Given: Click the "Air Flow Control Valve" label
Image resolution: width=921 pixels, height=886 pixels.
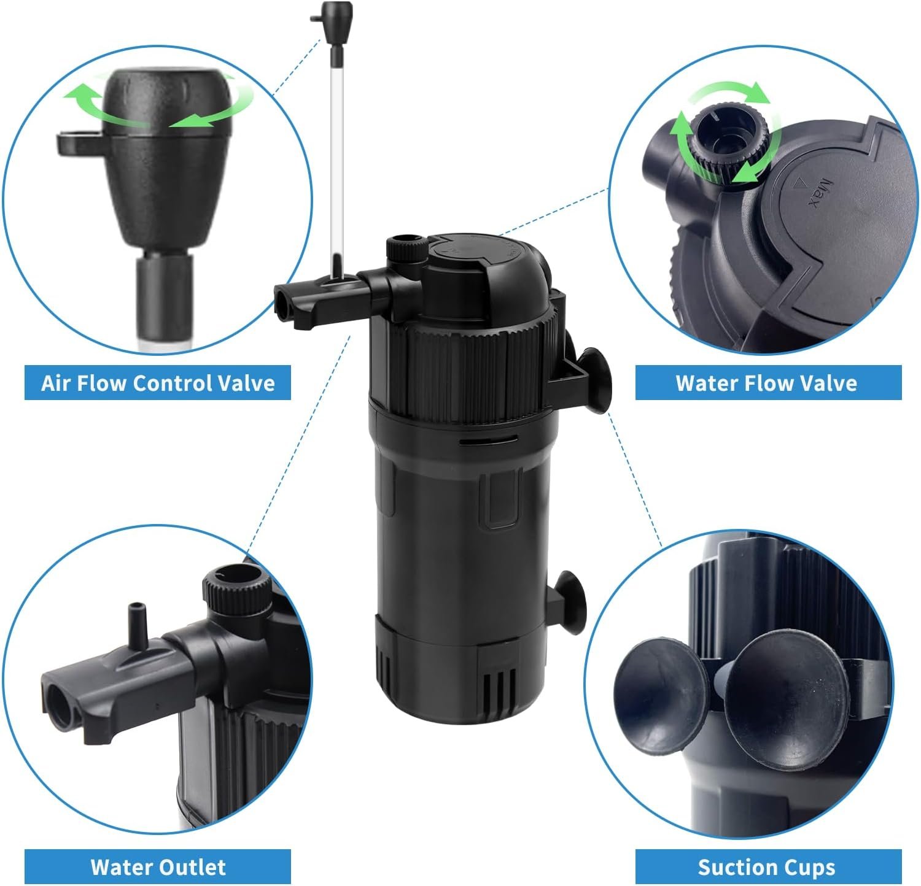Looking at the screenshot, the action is click(x=158, y=383).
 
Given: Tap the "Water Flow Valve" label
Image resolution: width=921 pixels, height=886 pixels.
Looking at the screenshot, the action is click(x=766, y=383).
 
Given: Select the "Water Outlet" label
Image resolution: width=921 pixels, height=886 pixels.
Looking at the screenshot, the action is click(x=158, y=867).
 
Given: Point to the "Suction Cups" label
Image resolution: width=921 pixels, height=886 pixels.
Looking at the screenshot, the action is click(x=766, y=867).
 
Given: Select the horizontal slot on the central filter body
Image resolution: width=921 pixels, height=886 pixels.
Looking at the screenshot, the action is click(x=489, y=439).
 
